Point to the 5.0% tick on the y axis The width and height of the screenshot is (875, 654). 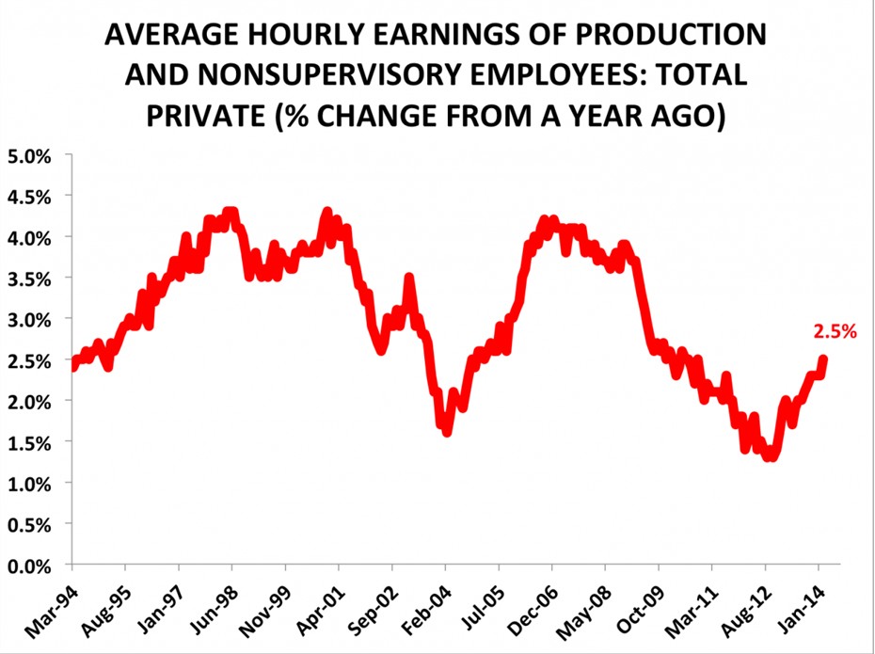point(32,154)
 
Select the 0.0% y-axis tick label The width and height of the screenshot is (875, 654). point(32,566)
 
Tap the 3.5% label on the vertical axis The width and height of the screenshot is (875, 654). point(32,278)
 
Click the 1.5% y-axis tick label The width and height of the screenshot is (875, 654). point(32,442)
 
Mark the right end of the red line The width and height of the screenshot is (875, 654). point(823,359)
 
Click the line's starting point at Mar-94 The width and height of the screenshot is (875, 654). point(73,365)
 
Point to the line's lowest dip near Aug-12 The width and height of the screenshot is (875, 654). point(771,455)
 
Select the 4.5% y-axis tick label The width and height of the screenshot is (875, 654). point(32,196)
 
